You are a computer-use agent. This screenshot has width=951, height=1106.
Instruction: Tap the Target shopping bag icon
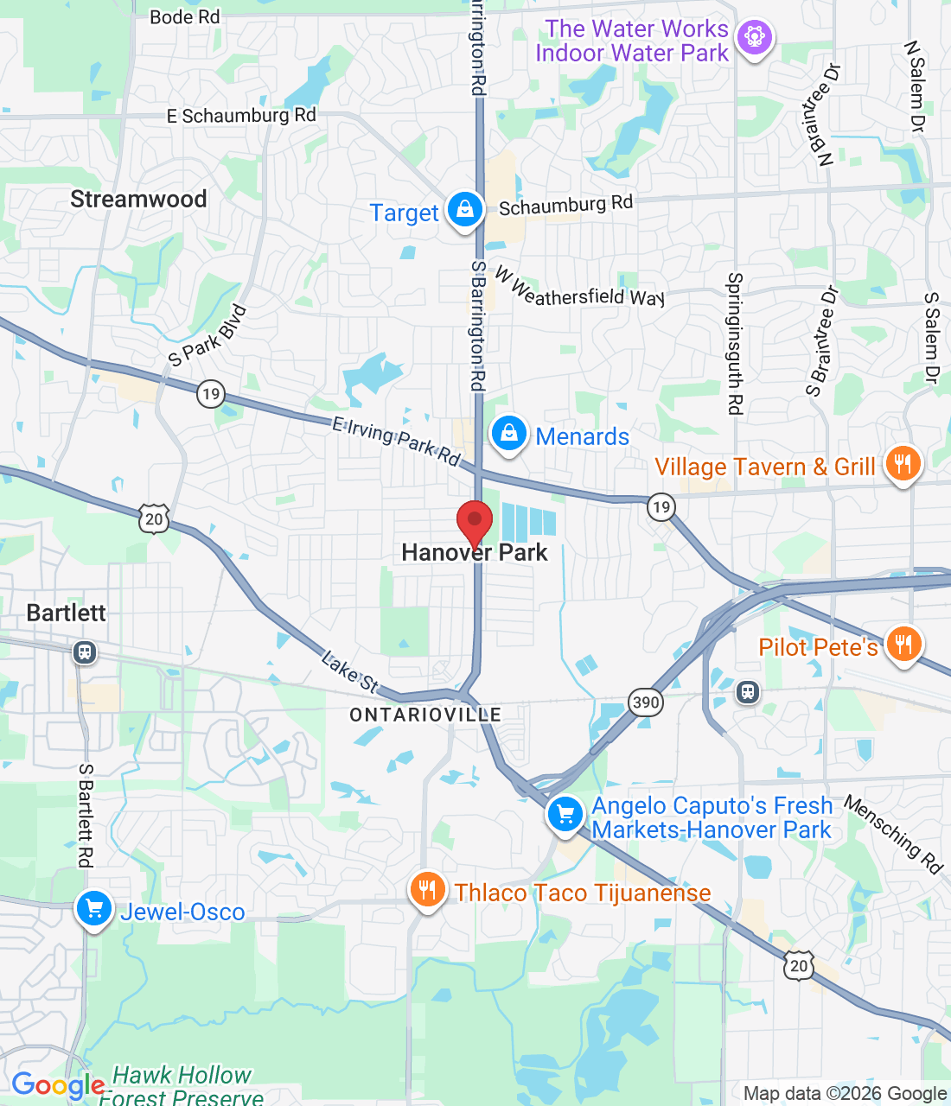point(464,210)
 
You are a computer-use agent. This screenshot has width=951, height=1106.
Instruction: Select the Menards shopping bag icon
point(509,435)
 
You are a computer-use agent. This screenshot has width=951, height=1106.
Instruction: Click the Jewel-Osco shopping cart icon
point(94,910)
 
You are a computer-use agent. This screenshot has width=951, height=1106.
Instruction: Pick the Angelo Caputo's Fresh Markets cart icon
point(565,815)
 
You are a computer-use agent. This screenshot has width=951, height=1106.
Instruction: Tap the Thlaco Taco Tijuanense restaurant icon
point(427,890)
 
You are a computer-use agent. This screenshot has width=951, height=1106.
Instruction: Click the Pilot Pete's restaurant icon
point(903,645)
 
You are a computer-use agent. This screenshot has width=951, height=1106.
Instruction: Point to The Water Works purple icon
point(754,38)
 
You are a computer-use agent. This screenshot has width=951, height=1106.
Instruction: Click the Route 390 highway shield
point(646,702)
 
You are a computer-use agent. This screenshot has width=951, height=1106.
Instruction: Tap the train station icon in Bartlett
point(85,652)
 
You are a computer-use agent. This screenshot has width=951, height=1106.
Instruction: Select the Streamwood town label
point(138,200)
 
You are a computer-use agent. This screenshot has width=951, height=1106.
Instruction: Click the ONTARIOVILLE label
point(425,715)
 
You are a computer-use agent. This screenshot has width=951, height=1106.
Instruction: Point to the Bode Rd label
point(185,17)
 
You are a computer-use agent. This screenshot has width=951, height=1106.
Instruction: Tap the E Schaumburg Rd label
point(241,116)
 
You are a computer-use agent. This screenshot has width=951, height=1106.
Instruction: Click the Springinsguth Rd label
point(735,343)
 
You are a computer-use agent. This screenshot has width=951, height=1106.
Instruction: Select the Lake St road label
point(349,672)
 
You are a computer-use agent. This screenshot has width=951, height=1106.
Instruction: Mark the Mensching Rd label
point(893,834)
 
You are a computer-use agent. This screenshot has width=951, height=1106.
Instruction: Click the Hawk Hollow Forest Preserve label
point(182,1086)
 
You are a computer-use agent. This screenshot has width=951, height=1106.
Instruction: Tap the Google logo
point(58,1085)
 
